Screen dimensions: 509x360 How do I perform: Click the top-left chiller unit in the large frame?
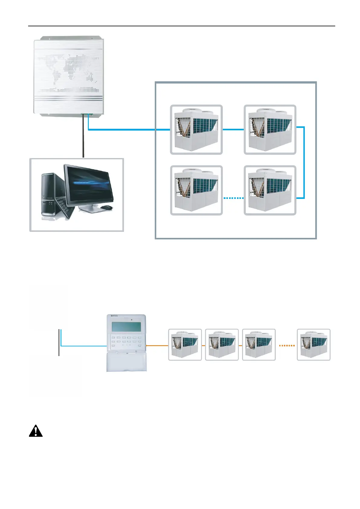point(196,130)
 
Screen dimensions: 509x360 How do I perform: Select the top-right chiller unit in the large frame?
point(270,130)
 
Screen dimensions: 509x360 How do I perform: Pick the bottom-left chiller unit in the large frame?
point(196,190)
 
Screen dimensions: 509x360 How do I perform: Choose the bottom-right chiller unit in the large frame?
point(270,190)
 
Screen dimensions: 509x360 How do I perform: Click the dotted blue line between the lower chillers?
point(233,198)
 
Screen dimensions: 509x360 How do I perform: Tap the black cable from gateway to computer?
point(83,136)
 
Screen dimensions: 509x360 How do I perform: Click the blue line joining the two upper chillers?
point(233,130)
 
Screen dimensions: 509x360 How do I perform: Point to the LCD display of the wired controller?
point(126,327)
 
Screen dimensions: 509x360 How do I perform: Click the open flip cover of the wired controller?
point(127,361)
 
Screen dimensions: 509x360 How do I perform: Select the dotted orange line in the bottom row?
point(286,345)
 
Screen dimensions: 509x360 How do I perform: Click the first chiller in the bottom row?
point(185,345)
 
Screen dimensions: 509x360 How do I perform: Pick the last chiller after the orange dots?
point(313,345)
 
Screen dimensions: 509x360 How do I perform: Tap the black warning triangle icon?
point(36,431)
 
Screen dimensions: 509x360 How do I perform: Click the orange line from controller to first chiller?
point(157,345)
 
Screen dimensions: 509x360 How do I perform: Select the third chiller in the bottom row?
point(259,345)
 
